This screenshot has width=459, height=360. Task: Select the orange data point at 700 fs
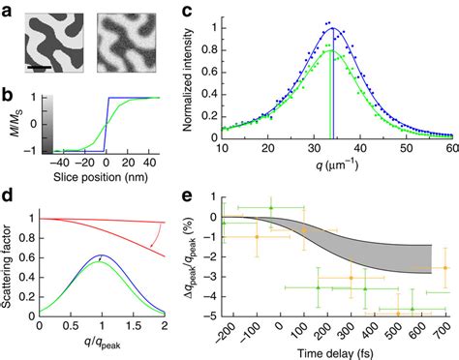click(444, 268)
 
